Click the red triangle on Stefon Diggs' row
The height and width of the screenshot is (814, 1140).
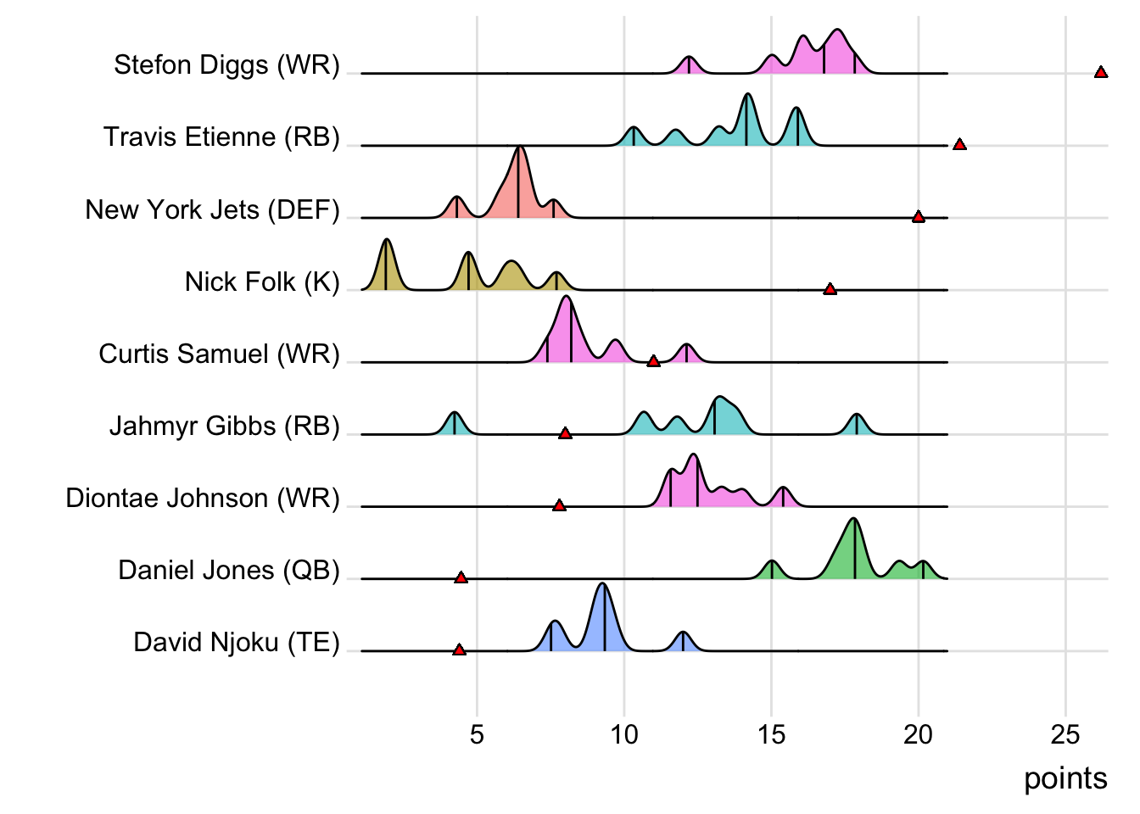pyautogui.click(x=1101, y=73)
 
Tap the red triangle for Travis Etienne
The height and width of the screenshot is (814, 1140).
pyautogui.click(x=959, y=145)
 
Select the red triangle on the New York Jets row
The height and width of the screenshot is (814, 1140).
pyautogui.click(x=918, y=217)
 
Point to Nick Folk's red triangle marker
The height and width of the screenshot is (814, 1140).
pyautogui.click(x=830, y=290)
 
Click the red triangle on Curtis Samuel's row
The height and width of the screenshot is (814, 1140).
pyautogui.click(x=653, y=362)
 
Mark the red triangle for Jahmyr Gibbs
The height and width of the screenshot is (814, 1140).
pyautogui.click(x=565, y=434)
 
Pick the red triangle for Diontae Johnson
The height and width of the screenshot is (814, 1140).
pyautogui.click(x=559, y=506)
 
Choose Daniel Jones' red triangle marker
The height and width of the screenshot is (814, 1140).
pyautogui.click(x=461, y=578)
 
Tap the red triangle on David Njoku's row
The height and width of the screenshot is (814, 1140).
pyautogui.click(x=459, y=650)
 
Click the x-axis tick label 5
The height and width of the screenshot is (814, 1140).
pyautogui.click(x=477, y=734)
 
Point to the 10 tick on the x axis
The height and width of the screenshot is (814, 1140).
pyautogui.click(x=624, y=734)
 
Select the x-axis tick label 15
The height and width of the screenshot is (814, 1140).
pyautogui.click(x=771, y=734)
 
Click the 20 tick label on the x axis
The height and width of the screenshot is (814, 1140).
pyautogui.click(x=918, y=734)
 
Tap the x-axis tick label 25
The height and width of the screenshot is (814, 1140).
pyautogui.click(x=1065, y=734)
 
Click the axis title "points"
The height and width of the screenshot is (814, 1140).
pyautogui.click(x=1065, y=778)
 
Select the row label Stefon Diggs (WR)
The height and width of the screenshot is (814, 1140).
pyautogui.click(x=226, y=65)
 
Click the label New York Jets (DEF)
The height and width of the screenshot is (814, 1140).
pyautogui.click(x=212, y=209)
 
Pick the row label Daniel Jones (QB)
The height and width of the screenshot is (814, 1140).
pyautogui.click(x=229, y=570)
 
